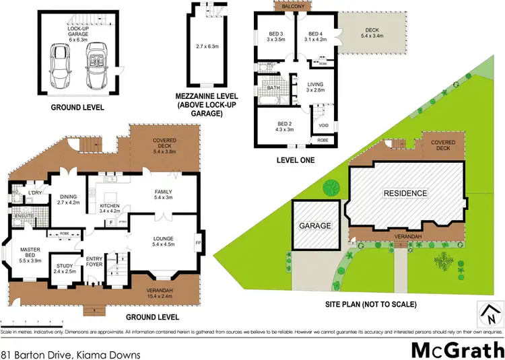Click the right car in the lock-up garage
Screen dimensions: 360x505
pos(94,64)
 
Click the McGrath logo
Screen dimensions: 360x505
pos(457,350)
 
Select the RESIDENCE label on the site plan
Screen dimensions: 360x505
pos(405,193)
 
